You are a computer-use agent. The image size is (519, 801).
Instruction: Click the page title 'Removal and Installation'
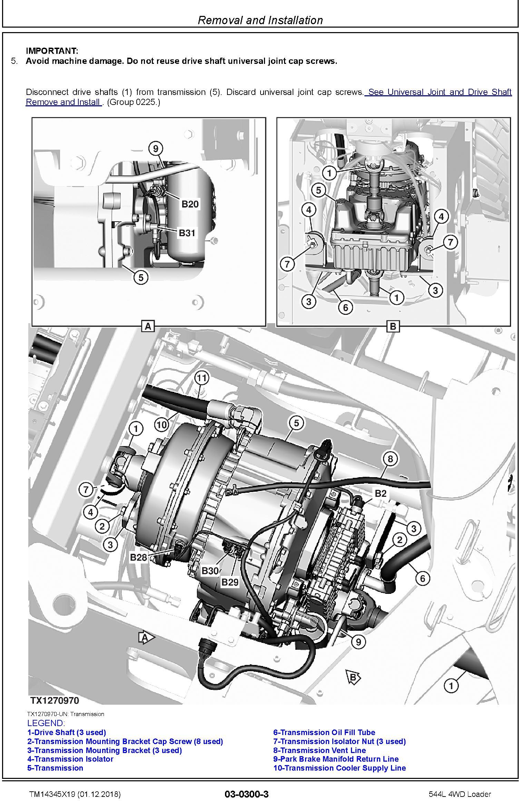tap(260, 20)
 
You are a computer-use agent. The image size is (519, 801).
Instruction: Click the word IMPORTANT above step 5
tap(52, 51)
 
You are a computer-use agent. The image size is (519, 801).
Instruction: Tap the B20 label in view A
tap(190, 204)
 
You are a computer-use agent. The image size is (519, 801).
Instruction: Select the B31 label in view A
tap(187, 233)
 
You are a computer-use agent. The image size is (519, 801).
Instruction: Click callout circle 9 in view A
tap(156, 149)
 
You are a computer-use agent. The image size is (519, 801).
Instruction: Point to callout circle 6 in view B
tap(346, 307)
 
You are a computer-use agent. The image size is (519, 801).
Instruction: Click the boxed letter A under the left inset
tap(148, 326)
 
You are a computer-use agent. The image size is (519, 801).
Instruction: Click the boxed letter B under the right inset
tap(393, 326)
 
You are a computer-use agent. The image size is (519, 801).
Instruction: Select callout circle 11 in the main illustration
tap(202, 378)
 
